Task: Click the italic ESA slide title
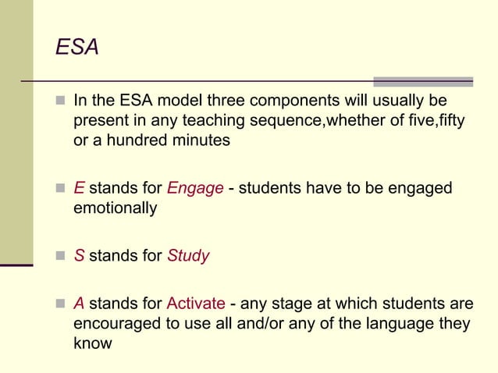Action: tap(77, 48)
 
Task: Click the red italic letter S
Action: tap(79, 256)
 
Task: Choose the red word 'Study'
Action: tap(188, 256)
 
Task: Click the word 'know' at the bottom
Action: tap(92, 343)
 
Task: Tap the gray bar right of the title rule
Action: tap(423, 81)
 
